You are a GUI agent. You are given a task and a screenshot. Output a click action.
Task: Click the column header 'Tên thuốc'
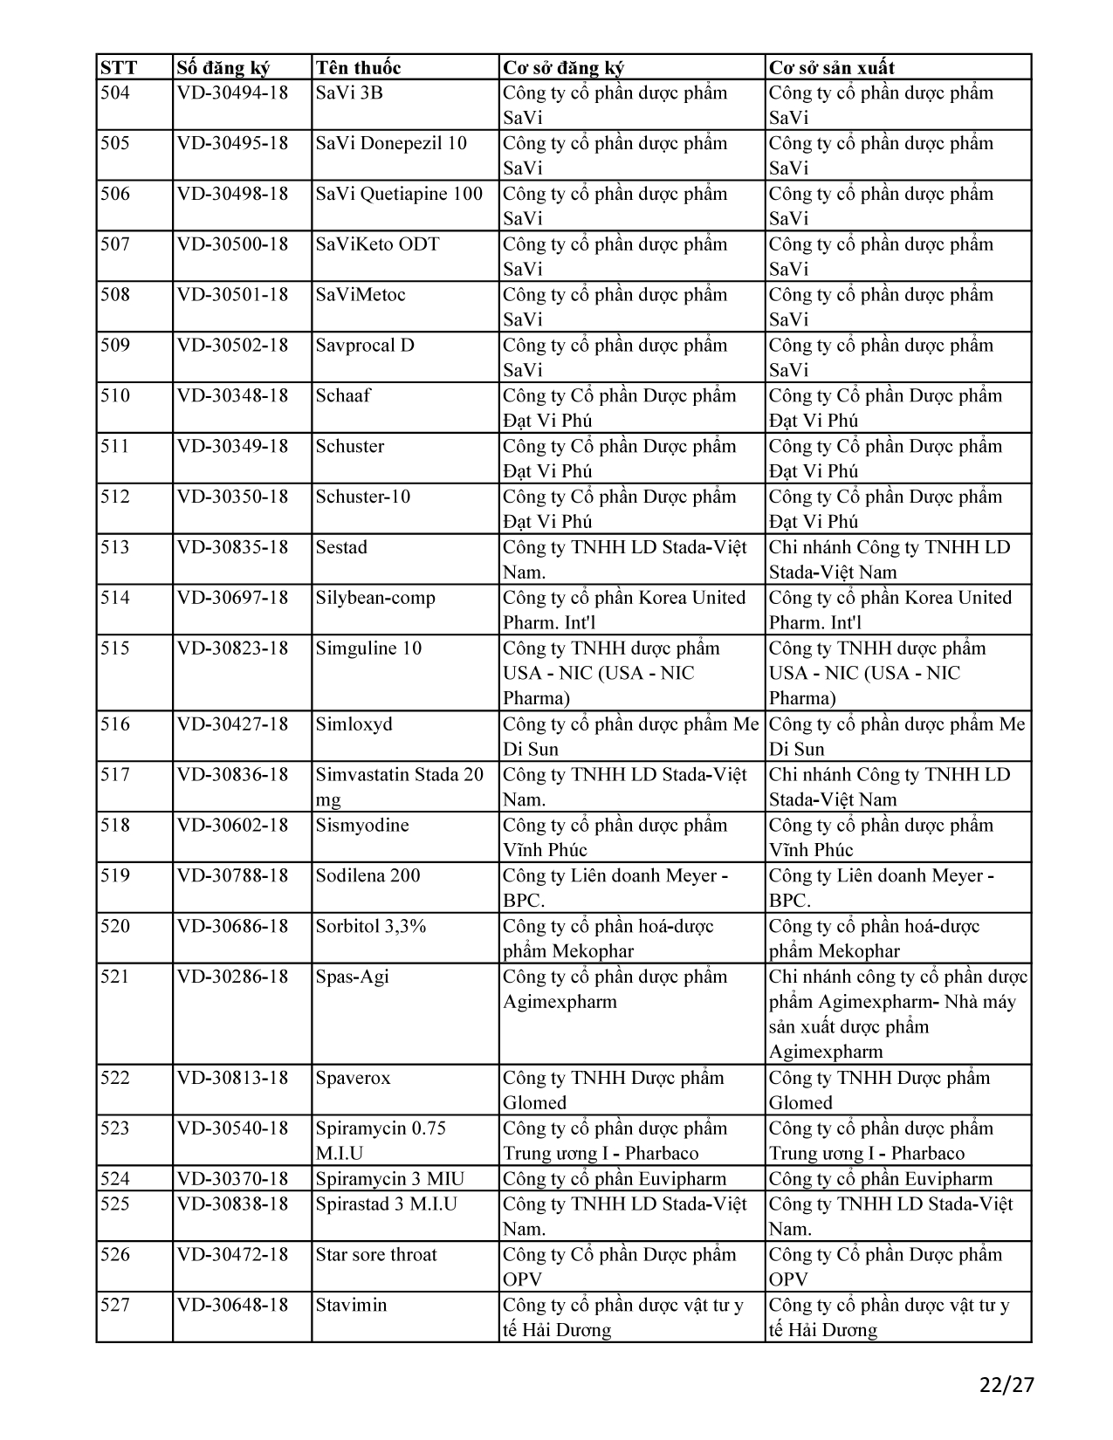(x=358, y=68)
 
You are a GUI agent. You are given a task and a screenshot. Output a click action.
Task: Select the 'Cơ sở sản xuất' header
(x=831, y=68)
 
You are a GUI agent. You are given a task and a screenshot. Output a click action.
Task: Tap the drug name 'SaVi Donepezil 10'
(x=391, y=143)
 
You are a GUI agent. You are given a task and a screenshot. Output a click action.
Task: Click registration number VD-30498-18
(x=232, y=194)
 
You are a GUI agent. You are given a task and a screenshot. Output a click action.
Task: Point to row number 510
(x=115, y=395)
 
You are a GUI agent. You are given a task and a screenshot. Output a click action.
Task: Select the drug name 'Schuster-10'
(x=362, y=497)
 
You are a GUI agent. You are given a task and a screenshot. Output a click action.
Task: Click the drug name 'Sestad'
(x=341, y=547)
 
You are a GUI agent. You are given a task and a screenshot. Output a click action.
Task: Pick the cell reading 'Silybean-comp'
(x=375, y=598)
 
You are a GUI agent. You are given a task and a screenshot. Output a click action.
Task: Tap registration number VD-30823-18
(x=232, y=648)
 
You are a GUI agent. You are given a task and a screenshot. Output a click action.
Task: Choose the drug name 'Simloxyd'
(x=354, y=724)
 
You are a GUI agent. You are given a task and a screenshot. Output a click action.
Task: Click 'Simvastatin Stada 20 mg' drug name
(x=399, y=786)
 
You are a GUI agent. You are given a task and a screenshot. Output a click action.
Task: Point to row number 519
(x=115, y=875)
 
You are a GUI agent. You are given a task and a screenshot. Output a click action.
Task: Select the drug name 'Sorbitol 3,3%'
(x=371, y=926)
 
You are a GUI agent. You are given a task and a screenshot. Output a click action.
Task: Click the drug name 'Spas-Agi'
(x=352, y=977)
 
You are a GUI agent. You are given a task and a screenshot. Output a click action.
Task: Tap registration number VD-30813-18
(x=232, y=1078)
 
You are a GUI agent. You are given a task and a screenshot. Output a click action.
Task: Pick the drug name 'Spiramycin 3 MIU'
(x=389, y=1179)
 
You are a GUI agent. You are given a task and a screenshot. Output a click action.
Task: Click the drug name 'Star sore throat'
(x=376, y=1255)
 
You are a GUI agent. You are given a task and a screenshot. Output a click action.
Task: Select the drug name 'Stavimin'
(x=351, y=1306)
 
